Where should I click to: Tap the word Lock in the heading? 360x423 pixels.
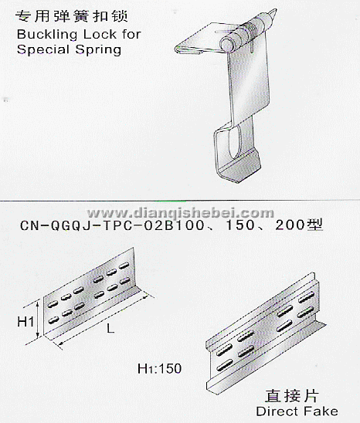click(x=100, y=34)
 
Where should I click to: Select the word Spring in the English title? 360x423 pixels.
click(x=98, y=50)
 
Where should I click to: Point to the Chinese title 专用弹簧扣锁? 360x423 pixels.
click(x=71, y=16)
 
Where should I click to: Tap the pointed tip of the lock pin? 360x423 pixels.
click(x=276, y=10)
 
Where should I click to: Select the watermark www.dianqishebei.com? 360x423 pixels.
click(x=180, y=213)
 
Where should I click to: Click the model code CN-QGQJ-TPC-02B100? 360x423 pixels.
click(x=112, y=225)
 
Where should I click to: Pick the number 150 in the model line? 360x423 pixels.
click(x=239, y=225)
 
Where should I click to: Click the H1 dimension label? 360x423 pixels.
click(x=25, y=322)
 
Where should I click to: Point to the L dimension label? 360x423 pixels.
click(x=110, y=328)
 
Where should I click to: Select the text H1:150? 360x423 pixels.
click(x=159, y=369)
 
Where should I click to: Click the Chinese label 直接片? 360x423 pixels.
click(x=291, y=396)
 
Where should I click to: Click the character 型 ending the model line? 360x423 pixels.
click(x=315, y=225)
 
